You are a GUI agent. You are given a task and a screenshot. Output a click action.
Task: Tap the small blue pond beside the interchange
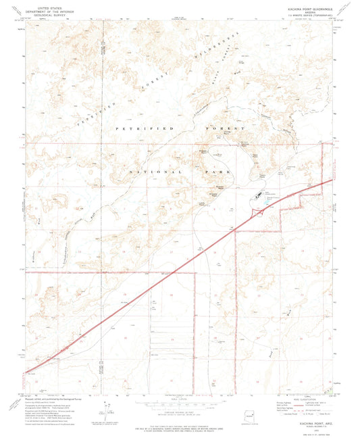tap(267, 200)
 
